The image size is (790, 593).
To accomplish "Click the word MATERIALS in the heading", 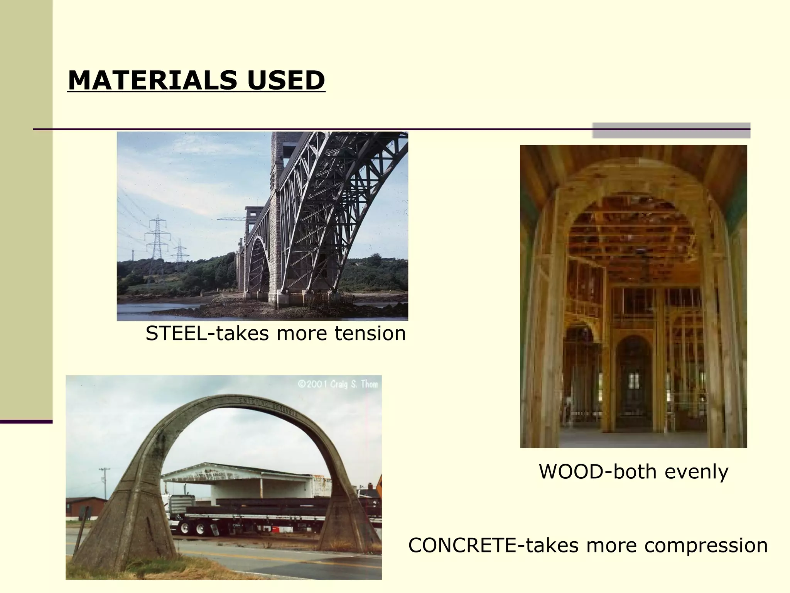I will coord(152,80).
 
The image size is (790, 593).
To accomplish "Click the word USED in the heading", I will coord(286,80).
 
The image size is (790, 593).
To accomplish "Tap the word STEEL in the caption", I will coord(176,333).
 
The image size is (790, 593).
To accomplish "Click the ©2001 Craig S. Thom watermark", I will coord(338,384).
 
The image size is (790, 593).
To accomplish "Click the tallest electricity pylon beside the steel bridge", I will coord(157,239).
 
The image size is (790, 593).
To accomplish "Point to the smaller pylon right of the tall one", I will coord(179,251).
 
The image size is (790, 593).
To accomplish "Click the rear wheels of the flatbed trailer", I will coord(193,528).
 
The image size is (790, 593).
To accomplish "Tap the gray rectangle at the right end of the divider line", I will coord(671,130).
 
